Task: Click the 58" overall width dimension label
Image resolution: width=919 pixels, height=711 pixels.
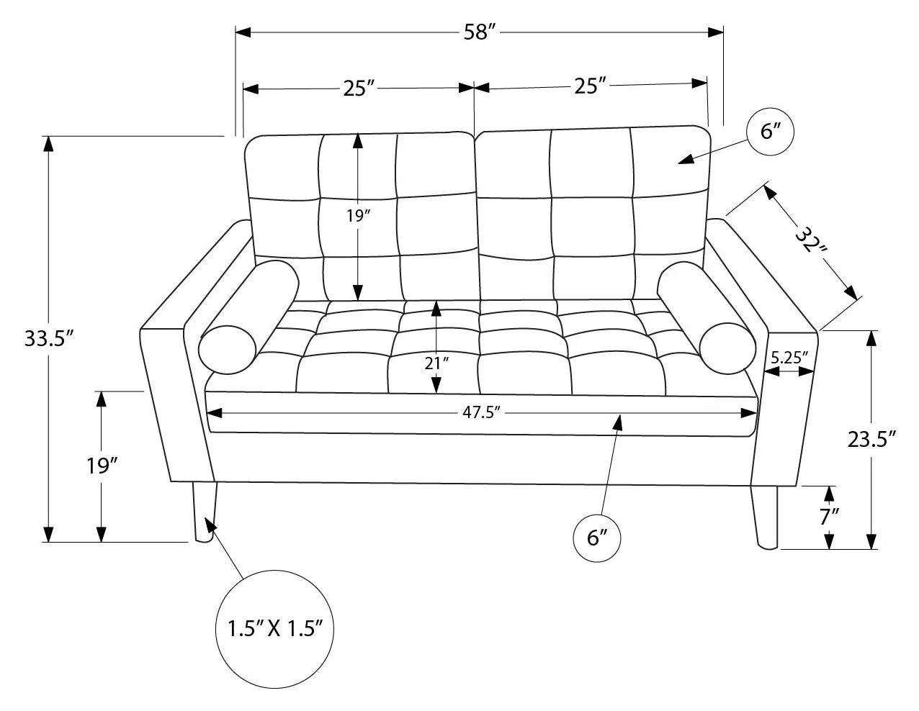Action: coord(479,32)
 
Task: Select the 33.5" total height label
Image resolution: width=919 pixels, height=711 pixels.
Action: coord(50,338)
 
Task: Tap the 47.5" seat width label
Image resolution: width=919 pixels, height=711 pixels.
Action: coord(481,412)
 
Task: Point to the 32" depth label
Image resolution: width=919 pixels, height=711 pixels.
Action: coord(810,242)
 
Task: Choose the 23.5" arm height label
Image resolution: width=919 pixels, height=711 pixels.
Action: coord(871,440)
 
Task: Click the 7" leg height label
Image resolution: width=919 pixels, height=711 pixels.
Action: coord(830,516)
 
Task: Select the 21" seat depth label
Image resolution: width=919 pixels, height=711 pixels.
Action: coord(436,363)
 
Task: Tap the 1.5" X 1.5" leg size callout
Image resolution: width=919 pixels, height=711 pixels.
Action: coord(275,628)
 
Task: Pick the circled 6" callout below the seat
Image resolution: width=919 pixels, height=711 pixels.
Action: coord(597,538)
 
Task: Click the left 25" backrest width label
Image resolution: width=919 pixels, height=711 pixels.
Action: coord(359,89)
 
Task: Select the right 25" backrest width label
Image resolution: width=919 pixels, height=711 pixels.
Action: coord(590,86)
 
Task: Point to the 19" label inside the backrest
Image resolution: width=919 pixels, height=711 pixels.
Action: coord(358,216)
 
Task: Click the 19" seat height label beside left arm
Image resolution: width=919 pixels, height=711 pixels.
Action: coord(101,466)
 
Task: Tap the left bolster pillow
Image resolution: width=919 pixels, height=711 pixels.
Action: coord(248,317)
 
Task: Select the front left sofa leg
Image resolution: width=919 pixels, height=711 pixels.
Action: coord(205,512)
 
